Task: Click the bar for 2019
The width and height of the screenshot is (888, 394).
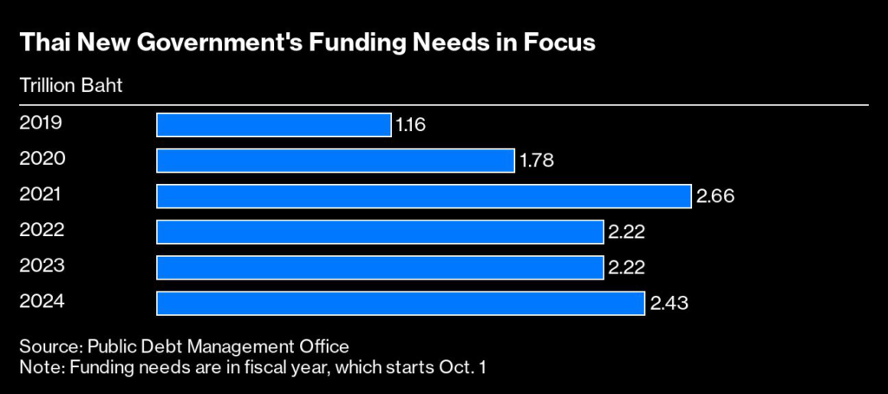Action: point(273,125)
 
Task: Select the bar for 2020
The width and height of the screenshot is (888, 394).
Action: point(335,161)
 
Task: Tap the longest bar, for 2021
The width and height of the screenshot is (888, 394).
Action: point(423,196)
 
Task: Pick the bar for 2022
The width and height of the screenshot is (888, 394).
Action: point(379,232)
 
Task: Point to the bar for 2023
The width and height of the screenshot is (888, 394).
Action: point(379,267)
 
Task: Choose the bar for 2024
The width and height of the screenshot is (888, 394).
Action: point(400,303)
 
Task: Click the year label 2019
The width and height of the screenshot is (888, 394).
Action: point(40,123)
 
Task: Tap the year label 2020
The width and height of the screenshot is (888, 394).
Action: point(42,159)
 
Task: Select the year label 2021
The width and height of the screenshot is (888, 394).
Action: point(40,194)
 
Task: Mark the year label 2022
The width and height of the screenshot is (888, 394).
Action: point(42,230)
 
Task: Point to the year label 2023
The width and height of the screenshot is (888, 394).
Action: point(42,266)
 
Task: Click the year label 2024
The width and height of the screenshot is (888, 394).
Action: point(42,301)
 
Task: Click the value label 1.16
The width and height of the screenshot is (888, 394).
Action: point(411,126)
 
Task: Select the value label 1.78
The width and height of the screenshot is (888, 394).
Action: point(536,161)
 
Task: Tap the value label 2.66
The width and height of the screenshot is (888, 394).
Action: point(715,197)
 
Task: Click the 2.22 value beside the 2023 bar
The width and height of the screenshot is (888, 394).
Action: point(626,268)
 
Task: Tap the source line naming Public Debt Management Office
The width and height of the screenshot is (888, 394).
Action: point(184,345)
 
